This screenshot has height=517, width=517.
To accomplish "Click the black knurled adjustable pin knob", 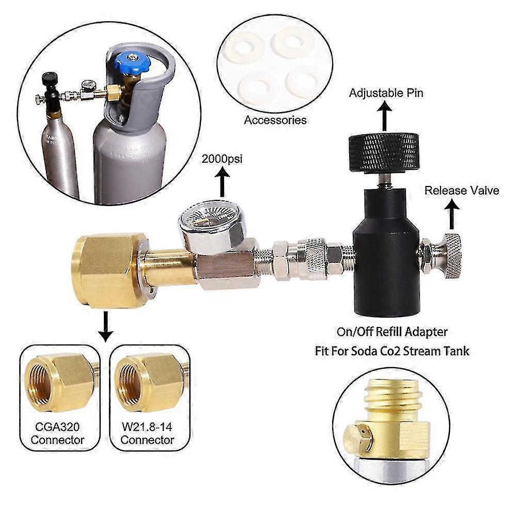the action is tap(383, 153).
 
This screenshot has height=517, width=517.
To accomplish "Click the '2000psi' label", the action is tap(222, 159).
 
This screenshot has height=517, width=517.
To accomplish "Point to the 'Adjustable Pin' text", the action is tap(386, 93).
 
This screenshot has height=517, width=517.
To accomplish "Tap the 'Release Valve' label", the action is tap(462, 190).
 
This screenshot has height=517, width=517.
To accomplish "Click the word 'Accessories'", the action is tap(275, 120).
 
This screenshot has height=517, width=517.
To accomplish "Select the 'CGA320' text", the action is tap(57, 427).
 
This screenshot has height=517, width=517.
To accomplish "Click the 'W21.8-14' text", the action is tap(147, 427).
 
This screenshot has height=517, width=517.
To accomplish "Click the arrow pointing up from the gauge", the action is tap(223, 182).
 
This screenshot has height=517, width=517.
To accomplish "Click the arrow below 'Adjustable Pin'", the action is tap(384, 116).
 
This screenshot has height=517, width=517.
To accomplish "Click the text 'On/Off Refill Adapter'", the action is tap(391, 332).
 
